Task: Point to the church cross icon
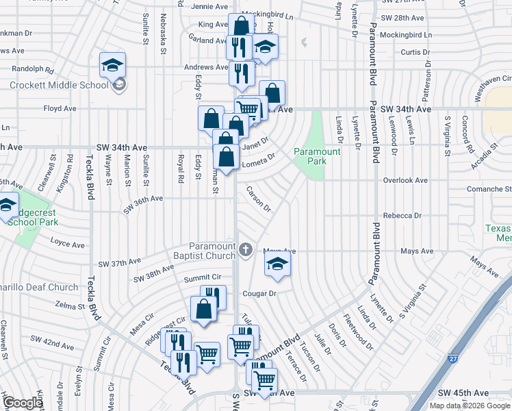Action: click(246, 251)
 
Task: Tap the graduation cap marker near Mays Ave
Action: click(277, 264)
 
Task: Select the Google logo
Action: click(23, 403)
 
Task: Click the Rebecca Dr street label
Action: click(402, 215)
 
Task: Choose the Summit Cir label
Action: click(203, 277)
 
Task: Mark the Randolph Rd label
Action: click(32, 69)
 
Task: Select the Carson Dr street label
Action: click(259, 199)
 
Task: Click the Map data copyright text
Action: click(469, 406)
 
